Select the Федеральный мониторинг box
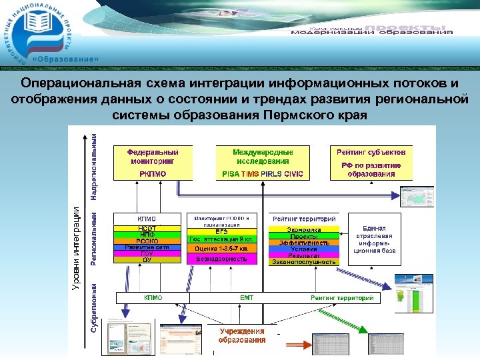point(153,163)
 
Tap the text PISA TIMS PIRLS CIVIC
point(262,174)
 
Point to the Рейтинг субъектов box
point(371,163)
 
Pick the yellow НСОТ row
point(147,228)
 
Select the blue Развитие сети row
point(147,247)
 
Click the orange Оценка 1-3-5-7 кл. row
point(222,249)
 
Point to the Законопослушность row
point(304,262)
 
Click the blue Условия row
point(304,249)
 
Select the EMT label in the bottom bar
point(247,298)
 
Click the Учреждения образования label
point(243,335)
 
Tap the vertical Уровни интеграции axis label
point(77,247)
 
